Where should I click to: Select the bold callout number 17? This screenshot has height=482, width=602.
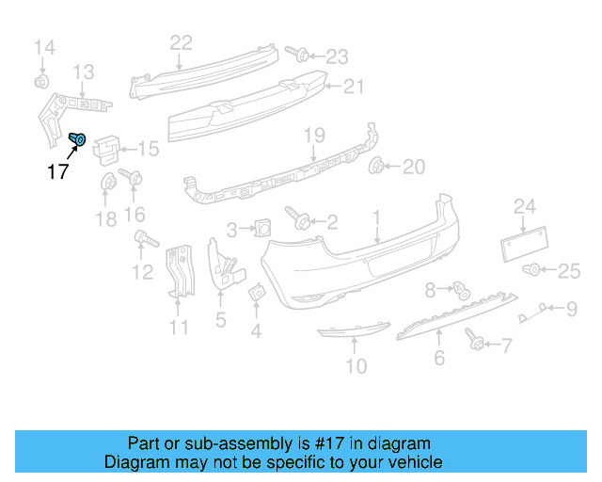pos(58,171)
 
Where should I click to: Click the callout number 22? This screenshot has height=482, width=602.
pos(181,41)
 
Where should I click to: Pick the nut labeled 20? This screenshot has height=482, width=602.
pos(379,168)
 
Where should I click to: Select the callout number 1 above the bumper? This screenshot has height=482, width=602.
pos(376,217)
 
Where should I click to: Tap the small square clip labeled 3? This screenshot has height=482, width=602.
pos(261,227)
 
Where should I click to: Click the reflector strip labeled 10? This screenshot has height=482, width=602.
pos(350,330)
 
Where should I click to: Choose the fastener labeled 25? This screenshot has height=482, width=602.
pos(533,271)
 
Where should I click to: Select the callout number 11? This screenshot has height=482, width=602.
pos(179,328)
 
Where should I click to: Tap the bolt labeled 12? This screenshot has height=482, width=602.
pos(142,238)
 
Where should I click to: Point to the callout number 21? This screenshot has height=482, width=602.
pos(353,87)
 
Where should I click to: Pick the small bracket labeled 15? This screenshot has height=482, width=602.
pos(109,146)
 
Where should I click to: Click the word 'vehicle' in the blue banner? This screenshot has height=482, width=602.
pos(408,463)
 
